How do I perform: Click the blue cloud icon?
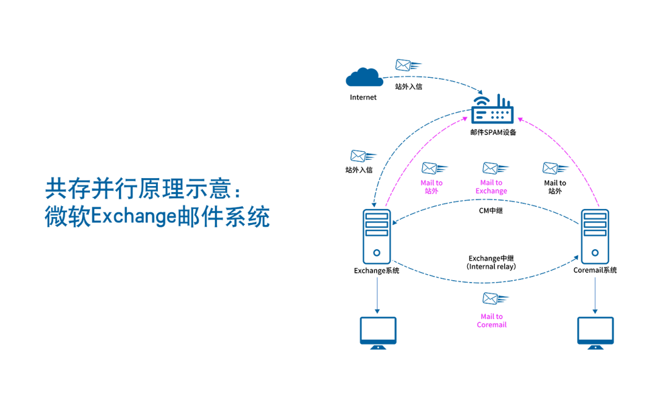(x=364, y=77)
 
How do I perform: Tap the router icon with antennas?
(x=493, y=112)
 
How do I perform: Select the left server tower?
(x=377, y=236)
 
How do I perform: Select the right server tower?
(x=594, y=236)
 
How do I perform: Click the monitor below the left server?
(x=378, y=332)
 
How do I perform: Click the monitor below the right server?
(x=595, y=332)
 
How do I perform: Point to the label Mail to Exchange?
(x=491, y=187)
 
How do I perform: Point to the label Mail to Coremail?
(x=491, y=320)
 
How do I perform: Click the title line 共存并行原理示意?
(x=142, y=189)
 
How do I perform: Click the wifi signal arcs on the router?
(x=481, y=101)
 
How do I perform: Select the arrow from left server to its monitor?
(x=377, y=295)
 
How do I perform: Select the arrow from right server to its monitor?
(x=595, y=295)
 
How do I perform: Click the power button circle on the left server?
(x=377, y=252)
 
